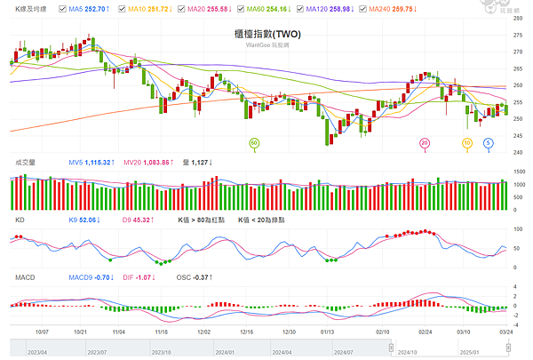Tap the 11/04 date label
click(120, 331)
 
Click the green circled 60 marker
click(253, 142)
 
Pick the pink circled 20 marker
click(425, 142)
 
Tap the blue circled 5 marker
click(489, 142)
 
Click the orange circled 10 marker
click(467, 142)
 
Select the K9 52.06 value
click(85, 219)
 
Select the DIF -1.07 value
click(139, 277)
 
